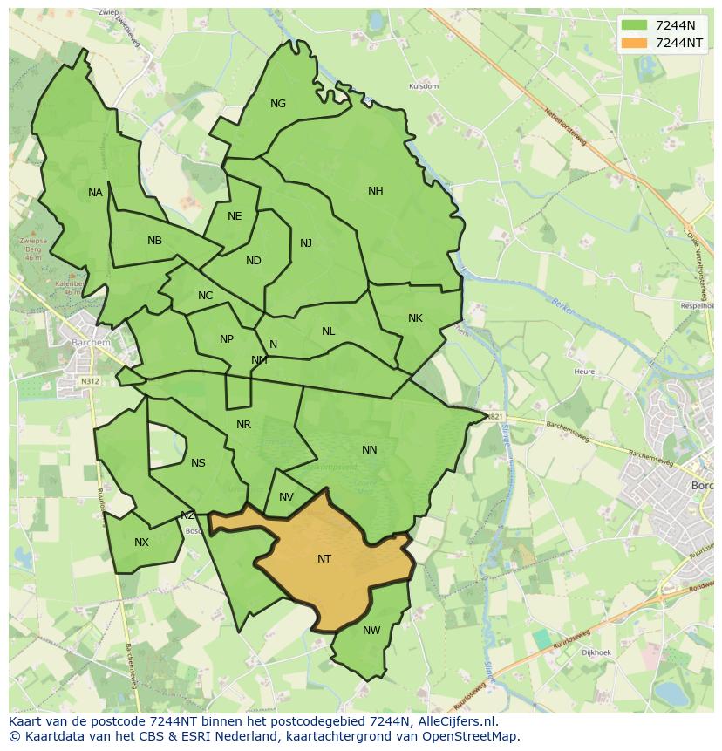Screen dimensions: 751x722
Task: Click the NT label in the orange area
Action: point(324,559)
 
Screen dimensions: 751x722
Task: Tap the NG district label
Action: point(278,104)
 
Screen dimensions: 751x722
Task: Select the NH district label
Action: point(375,191)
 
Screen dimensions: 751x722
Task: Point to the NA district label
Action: point(95,193)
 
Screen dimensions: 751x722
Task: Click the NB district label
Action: point(154,241)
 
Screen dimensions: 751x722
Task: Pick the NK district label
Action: point(415,318)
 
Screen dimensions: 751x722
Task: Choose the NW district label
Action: point(371,631)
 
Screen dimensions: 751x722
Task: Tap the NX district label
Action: point(141,543)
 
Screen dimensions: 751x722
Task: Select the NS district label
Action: point(198,463)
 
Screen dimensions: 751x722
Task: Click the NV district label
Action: point(286,497)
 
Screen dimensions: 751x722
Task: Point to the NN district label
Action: point(369,450)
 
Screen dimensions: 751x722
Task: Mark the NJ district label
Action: point(305,243)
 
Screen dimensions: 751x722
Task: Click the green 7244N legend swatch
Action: point(635,25)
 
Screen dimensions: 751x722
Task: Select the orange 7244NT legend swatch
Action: point(635,43)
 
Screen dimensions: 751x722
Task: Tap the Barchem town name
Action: point(92,343)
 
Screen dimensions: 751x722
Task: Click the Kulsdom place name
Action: point(424,86)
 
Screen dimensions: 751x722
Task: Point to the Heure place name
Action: point(584,372)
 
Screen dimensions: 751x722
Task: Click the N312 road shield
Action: point(90,381)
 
